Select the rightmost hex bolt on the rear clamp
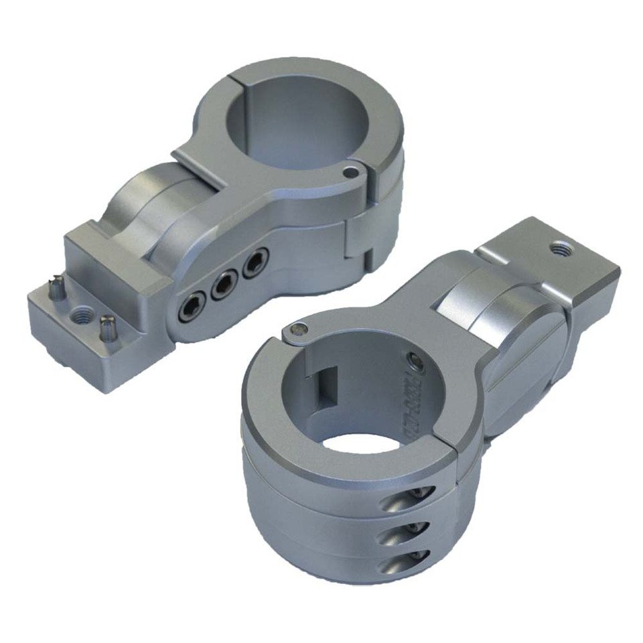(255, 265)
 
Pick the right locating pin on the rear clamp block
(105, 328)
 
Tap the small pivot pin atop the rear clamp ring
(348, 173)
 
